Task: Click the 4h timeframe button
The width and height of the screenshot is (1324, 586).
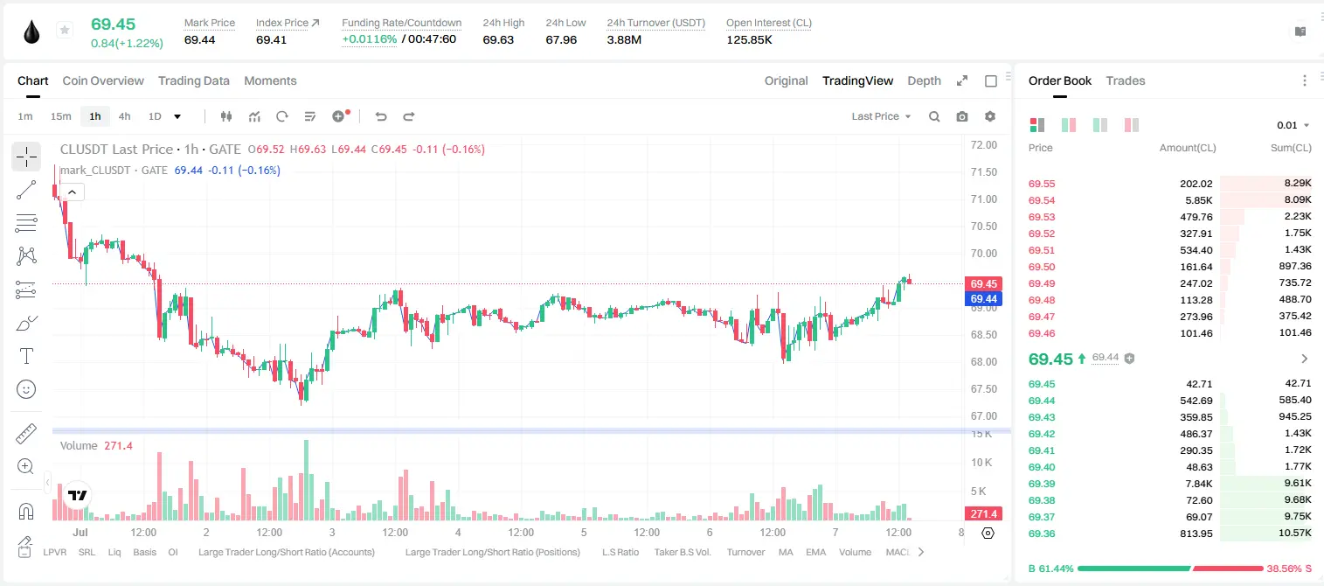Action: coord(124,116)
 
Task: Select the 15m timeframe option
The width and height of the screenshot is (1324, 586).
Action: coord(60,116)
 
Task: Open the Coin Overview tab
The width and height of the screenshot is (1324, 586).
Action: coord(103,80)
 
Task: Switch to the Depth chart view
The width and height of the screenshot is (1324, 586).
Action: coord(924,80)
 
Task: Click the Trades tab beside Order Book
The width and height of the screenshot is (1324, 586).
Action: coord(1126,80)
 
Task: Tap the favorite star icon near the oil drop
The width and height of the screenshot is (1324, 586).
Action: coord(65,30)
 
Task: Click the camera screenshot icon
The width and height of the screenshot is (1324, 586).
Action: coord(961,116)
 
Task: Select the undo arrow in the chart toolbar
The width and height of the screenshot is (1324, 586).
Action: coord(381,116)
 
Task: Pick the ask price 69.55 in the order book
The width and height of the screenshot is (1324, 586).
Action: coord(1042,184)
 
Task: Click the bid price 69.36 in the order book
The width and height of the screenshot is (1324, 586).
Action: coord(1042,534)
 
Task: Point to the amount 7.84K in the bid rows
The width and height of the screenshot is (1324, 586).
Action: coord(1198,484)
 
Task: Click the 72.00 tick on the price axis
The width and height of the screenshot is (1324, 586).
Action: coord(983,145)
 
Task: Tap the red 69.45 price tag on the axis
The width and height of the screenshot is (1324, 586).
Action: coord(983,284)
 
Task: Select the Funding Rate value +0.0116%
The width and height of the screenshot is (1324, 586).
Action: coord(370,39)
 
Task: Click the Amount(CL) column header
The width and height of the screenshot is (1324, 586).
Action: coord(1188,148)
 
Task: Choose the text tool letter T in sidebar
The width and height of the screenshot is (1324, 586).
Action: coord(26,356)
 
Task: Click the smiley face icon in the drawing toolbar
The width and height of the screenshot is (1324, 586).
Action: coord(26,389)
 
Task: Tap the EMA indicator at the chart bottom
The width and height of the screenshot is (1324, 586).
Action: coord(815,552)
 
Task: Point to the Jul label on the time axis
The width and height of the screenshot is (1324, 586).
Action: coord(80,532)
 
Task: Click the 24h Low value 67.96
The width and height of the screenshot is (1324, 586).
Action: coord(561,39)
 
